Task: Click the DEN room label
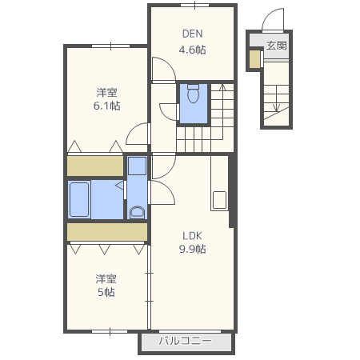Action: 192,34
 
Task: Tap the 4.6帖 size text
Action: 192,50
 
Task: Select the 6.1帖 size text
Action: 106,106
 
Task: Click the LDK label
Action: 192,236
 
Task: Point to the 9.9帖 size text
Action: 192,249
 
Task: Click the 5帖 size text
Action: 106,292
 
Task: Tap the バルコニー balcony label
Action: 186,341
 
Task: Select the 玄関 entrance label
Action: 277,46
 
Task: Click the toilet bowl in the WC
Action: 194,94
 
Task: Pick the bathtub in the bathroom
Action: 79,199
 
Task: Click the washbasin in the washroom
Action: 137,213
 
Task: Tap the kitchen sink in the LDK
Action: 219,200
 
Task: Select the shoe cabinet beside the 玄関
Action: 255,59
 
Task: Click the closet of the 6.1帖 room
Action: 95,166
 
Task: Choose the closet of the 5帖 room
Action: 107,232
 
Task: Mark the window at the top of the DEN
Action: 195,5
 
